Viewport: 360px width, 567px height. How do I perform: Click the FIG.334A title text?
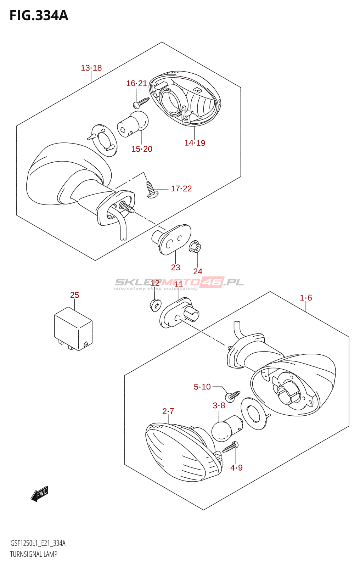click(39, 16)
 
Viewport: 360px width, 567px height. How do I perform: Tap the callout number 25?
click(74, 295)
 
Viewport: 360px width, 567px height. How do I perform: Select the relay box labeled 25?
click(73, 329)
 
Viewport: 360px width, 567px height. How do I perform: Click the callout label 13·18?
click(91, 68)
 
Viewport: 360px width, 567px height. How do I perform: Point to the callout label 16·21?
click(136, 83)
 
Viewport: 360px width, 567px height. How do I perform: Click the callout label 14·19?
click(195, 143)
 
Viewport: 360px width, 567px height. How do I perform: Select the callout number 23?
click(175, 268)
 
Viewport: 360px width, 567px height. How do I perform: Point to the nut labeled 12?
click(155, 304)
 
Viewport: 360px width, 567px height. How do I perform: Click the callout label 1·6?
click(306, 298)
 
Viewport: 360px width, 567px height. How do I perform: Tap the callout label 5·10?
click(202, 387)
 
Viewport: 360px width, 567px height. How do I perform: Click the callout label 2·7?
click(168, 411)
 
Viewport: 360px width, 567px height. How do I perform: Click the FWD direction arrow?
click(39, 493)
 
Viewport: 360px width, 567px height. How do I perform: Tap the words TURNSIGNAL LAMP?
click(34, 554)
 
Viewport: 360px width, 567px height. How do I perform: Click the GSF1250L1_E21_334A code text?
click(38, 543)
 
